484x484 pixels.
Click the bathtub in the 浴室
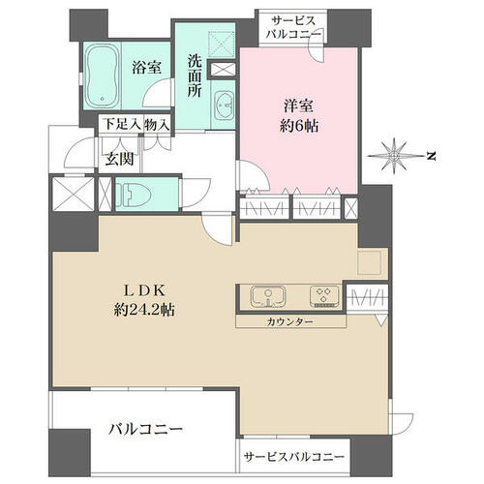point(102,76)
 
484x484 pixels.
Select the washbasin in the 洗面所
point(224,106)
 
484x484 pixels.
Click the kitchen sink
point(268,297)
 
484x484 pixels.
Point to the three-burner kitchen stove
point(324,296)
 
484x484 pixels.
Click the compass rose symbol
point(394,156)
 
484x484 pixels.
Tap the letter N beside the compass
point(431,157)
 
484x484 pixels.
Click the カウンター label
point(289,321)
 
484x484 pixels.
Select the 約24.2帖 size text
point(144,310)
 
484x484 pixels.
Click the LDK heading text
point(145,291)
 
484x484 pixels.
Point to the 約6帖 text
point(299,126)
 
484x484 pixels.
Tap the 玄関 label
point(119,159)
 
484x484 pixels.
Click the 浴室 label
point(146,68)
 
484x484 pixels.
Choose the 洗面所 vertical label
point(195,76)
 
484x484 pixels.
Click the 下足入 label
point(123,125)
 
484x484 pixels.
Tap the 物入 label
point(157,125)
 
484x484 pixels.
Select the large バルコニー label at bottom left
point(145,430)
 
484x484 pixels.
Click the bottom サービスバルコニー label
point(293,457)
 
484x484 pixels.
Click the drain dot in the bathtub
point(103,99)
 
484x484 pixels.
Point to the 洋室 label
point(298,106)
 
